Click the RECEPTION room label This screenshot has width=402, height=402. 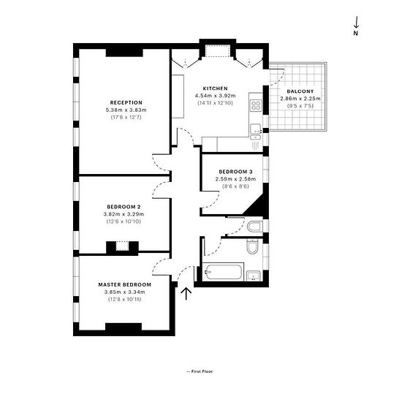click(x=126, y=102)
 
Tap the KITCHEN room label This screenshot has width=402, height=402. click(x=216, y=88)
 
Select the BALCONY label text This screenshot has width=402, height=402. click(x=300, y=91)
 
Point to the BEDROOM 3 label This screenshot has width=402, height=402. click(x=235, y=172)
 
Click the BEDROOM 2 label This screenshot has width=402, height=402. click(x=124, y=207)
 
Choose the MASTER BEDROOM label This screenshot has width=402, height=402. click(x=125, y=284)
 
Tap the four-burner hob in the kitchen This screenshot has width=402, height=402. click(x=256, y=105)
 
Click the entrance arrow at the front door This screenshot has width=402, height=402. click(x=186, y=294)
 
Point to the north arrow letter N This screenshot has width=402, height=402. click(x=356, y=33)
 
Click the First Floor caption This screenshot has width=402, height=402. click(x=202, y=371)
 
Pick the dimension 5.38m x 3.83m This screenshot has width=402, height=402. click(x=126, y=110)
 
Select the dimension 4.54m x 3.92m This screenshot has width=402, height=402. click(x=216, y=96)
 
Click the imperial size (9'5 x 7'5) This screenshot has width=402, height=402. click(x=300, y=106)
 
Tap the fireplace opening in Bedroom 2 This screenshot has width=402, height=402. click(x=122, y=246)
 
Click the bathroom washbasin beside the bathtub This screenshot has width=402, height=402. click(x=254, y=276)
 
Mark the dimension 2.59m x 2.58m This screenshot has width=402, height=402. click(x=235, y=179)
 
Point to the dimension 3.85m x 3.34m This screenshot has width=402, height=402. click(x=124, y=292)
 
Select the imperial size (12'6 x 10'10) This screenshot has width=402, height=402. click(x=124, y=221)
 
